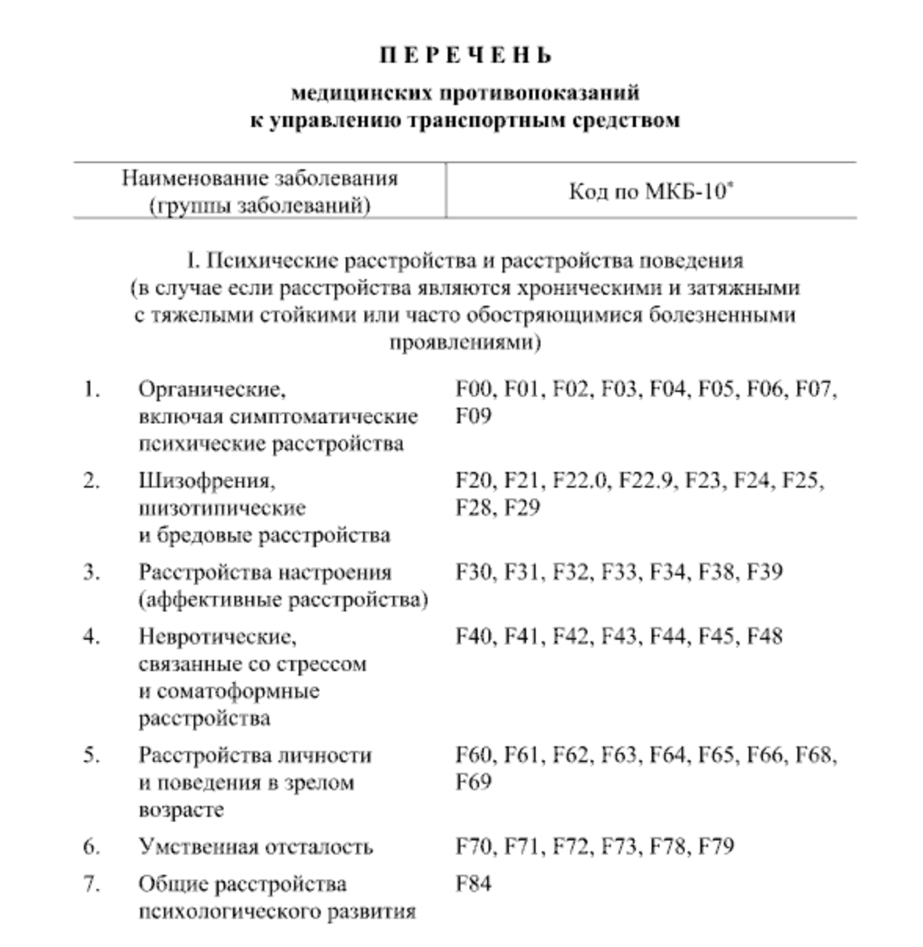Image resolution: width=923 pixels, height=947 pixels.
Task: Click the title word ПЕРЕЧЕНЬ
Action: [466, 56]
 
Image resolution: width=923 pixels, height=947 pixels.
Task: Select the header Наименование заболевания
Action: [260, 179]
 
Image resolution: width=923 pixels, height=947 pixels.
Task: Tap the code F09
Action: [474, 415]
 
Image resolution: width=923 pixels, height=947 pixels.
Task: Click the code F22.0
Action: [580, 480]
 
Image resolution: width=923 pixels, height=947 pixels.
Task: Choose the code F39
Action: [765, 571]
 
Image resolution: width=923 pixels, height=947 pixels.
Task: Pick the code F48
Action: [765, 636]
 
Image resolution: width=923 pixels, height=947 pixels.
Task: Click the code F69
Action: [474, 782]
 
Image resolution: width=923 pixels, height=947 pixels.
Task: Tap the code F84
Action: [474, 884]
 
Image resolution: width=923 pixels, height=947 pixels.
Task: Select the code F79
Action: [716, 847]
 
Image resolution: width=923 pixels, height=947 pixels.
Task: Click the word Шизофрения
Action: [207, 480]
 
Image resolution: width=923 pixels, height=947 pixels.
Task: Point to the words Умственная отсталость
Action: [256, 847]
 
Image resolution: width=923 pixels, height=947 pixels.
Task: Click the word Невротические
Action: [218, 636]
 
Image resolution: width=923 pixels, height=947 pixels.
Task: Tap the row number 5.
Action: [92, 755]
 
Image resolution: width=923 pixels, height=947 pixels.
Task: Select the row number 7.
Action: [92, 884]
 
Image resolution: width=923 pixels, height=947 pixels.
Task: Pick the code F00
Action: [474, 389]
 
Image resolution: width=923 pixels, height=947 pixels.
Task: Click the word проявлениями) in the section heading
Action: [465, 343]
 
